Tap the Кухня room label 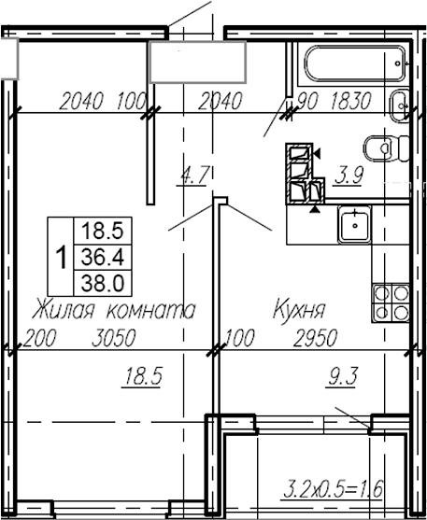coord(298,309)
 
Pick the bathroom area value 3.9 coord(349,174)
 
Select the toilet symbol coord(380,149)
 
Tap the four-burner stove coord(389,301)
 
